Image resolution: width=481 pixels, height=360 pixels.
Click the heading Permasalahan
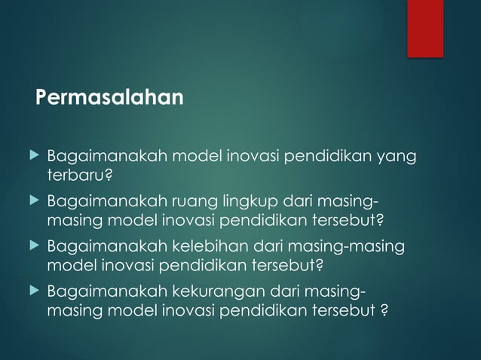[x=110, y=98]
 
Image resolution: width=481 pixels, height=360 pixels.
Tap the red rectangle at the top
[x=425, y=27]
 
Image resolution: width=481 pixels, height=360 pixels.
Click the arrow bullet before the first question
[x=31, y=156]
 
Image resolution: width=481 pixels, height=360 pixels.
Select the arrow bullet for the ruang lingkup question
[x=31, y=201]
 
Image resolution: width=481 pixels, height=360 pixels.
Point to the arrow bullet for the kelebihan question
[x=31, y=246]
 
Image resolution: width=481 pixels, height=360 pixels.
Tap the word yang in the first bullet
[x=399, y=157]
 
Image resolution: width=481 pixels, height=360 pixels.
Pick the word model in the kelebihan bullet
[x=69, y=265]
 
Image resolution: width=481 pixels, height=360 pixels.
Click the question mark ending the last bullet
[x=384, y=310]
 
